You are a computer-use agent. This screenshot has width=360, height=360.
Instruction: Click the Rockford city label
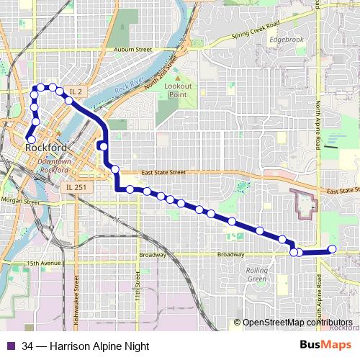click(x=45, y=148)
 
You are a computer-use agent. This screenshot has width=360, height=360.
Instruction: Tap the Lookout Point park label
click(x=177, y=90)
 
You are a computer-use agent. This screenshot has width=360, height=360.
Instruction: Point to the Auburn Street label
click(x=133, y=50)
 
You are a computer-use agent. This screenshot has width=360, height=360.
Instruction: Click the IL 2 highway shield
click(x=77, y=91)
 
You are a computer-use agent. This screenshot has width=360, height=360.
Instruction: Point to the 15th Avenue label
click(x=43, y=264)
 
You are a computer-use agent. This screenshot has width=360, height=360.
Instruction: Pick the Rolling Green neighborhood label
click(x=257, y=274)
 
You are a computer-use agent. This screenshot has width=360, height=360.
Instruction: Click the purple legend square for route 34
click(x=9, y=346)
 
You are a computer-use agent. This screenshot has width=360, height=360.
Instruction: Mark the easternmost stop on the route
click(x=332, y=249)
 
